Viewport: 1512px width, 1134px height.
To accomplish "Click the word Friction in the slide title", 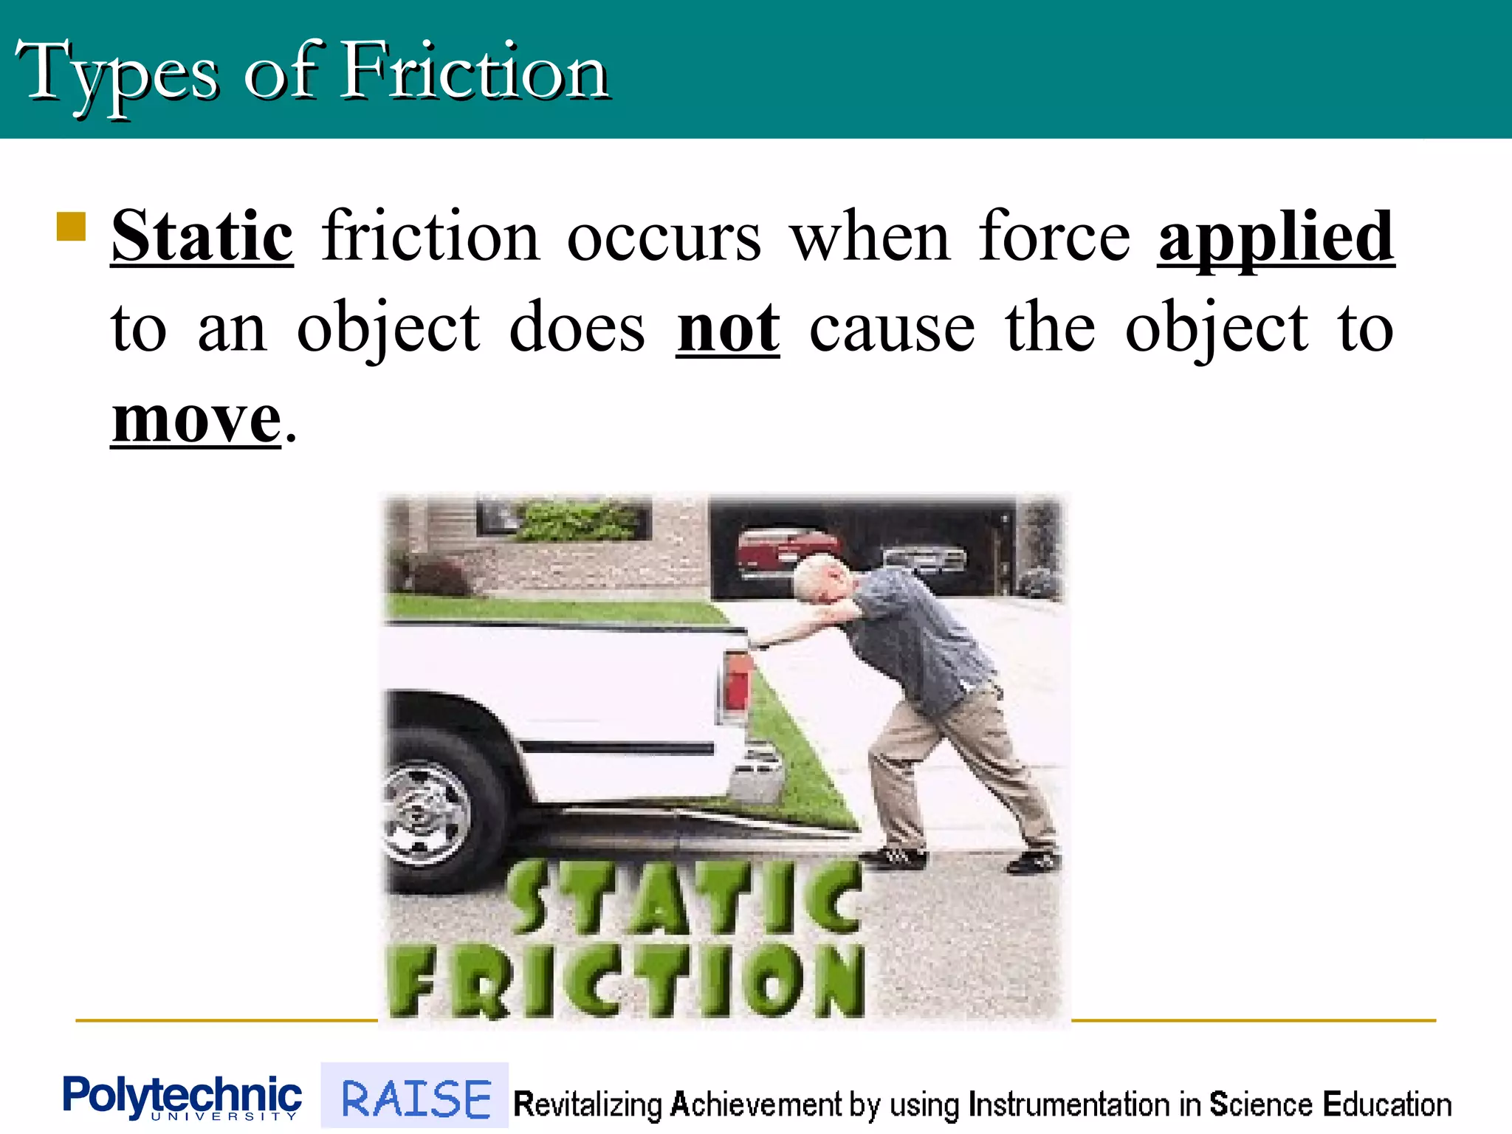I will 474,72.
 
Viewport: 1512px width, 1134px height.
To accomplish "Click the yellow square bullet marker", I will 72,227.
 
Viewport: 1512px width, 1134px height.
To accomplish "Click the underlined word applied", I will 1276,238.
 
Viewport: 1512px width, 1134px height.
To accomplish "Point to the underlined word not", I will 728,329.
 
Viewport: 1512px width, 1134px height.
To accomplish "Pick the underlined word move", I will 196,419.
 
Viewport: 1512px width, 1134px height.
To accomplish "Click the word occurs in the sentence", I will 663,238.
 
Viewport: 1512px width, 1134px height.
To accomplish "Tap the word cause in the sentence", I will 892,329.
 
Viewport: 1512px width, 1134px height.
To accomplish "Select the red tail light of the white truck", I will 737,683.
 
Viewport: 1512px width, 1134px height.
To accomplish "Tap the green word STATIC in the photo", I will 684,897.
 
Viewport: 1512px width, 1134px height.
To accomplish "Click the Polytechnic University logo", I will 182,1097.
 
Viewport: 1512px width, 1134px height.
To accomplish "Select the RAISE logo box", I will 415,1097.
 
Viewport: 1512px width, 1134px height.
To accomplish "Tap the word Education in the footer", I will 1386,1104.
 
